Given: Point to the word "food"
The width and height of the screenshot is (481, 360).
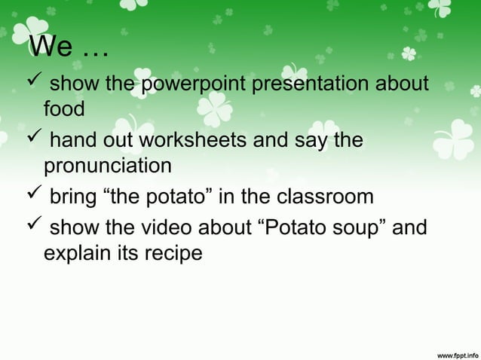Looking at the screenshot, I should pyautogui.click(x=64, y=109).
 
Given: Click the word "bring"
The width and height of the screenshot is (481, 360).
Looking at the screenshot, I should pyautogui.click(x=73, y=197).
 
